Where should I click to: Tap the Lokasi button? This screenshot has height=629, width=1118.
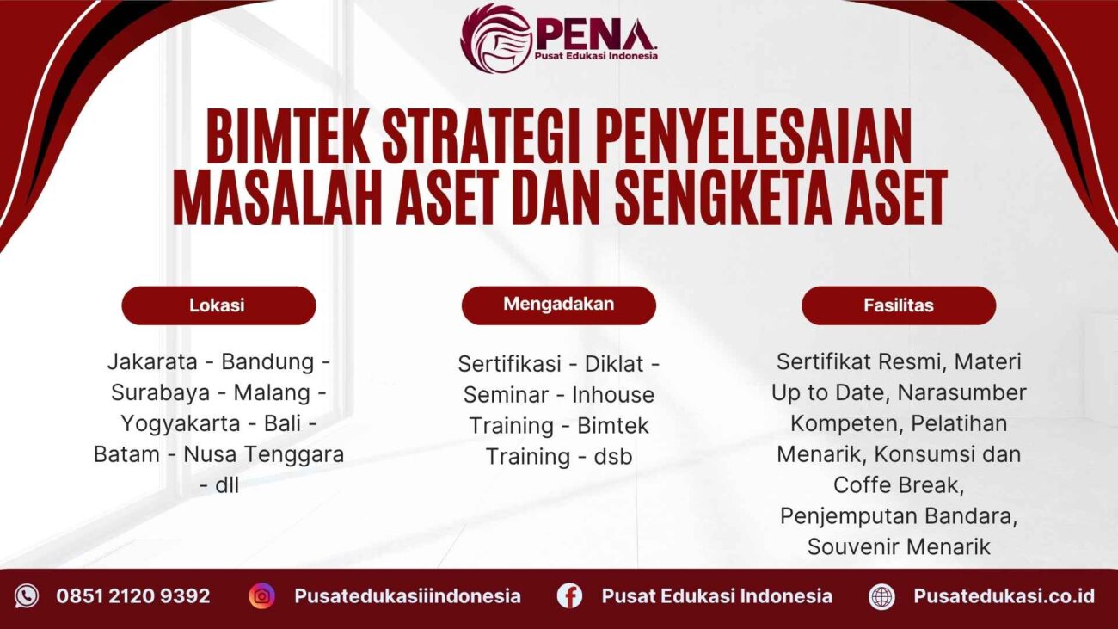[x=218, y=305]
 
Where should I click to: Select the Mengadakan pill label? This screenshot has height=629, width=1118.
[x=558, y=305]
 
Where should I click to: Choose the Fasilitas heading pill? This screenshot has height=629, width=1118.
[x=899, y=305]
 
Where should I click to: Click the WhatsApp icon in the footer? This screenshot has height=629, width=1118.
[x=27, y=596]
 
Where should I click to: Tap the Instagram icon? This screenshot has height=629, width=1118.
[x=261, y=596]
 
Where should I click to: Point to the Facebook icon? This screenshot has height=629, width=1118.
[x=569, y=596]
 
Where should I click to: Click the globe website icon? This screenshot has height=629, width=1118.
[x=881, y=596]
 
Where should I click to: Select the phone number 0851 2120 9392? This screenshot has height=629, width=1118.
[x=133, y=596]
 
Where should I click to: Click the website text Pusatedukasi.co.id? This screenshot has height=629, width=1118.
[x=1004, y=596]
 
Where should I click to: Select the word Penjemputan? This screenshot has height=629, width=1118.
[x=836, y=516]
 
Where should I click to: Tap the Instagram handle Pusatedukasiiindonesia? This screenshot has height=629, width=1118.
[x=407, y=596]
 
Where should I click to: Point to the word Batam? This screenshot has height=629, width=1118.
[x=126, y=454]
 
